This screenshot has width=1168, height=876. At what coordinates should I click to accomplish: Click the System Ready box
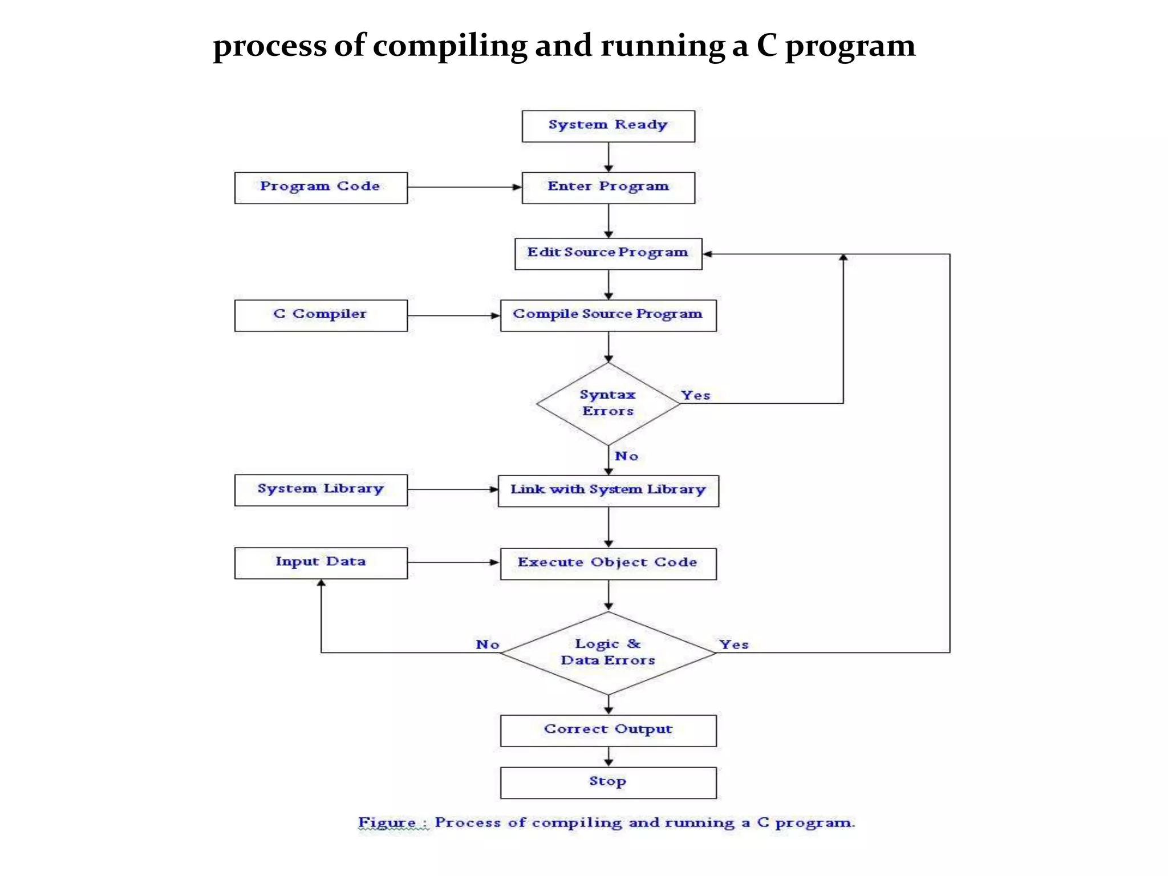608,126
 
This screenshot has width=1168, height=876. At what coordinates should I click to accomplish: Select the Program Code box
321,188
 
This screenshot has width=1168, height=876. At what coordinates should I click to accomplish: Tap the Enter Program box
608,188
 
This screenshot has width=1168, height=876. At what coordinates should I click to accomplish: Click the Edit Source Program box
608,254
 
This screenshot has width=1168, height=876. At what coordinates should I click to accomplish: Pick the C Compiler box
321,315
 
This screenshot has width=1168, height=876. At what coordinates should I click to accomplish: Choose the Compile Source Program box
608,315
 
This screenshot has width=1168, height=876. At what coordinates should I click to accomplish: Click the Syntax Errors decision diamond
608,404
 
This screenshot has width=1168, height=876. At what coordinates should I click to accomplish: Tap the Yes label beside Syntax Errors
695,395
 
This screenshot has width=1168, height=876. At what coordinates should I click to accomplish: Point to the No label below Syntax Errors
626,456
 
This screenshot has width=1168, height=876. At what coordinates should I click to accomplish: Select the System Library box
321,490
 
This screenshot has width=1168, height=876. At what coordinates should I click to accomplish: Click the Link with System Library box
608,490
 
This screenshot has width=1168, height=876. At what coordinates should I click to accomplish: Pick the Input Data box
321,563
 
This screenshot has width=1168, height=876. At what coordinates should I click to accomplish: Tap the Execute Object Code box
608,563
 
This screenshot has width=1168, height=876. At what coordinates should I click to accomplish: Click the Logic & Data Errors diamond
608,652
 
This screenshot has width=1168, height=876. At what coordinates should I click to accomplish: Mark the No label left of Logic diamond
488,644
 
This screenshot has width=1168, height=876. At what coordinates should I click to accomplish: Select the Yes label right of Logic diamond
733,644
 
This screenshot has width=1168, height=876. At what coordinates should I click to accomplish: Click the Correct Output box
608,730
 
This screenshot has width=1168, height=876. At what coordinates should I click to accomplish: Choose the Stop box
608,782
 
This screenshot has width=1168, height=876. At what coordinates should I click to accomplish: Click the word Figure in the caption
386,823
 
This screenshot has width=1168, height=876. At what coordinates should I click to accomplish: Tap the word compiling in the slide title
450,47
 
